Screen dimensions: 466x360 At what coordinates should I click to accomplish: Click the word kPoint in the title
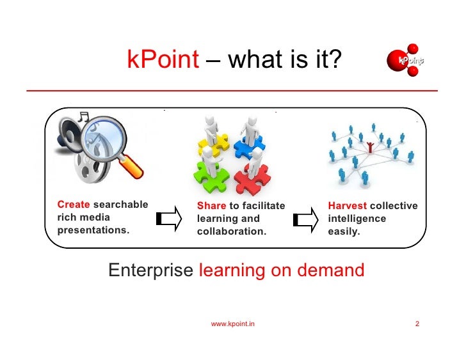point(163,61)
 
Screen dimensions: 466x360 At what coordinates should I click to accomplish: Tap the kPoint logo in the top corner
point(408,60)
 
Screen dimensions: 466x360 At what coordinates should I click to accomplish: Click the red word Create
point(74,205)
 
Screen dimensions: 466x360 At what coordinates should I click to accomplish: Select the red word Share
point(211,206)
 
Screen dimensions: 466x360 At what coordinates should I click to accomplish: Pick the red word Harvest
point(348,206)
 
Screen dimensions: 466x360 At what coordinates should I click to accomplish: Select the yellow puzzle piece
point(208,144)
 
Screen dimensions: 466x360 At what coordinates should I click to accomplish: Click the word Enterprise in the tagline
point(150,270)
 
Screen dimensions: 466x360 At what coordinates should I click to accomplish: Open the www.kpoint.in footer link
point(233,324)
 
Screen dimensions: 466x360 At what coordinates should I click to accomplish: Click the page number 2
point(417,324)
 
